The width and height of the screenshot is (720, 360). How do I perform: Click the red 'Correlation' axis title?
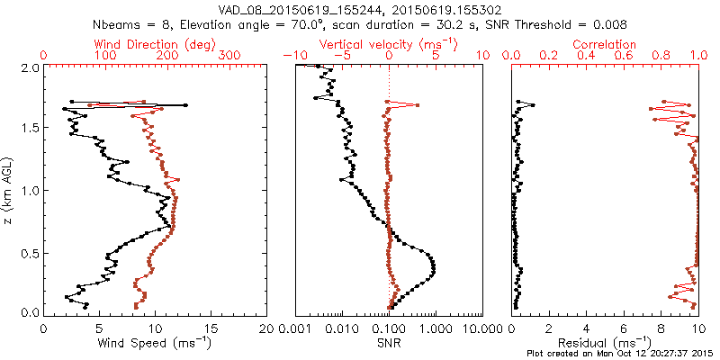tap(605, 44)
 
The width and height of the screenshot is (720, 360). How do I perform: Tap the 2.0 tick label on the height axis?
tap(29, 68)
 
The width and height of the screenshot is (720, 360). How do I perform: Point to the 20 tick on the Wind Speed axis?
tap(266, 328)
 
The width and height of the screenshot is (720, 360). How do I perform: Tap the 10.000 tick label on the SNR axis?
tap(483, 328)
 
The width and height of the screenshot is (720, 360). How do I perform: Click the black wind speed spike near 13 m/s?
tap(185, 105)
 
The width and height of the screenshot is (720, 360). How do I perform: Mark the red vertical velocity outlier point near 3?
tap(417, 106)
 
